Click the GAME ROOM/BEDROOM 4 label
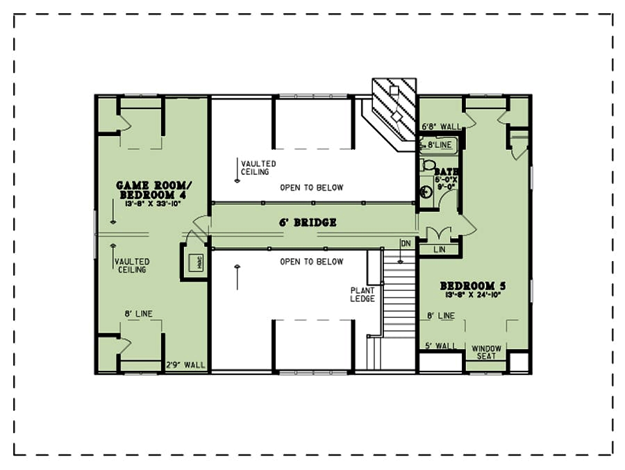point(152,190)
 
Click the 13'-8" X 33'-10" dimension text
point(152,203)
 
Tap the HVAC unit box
point(194,262)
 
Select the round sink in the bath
point(426,191)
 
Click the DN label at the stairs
point(405,242)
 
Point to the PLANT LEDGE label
point(362,294)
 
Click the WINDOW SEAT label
point(486,352)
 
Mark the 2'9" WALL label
point(186,364)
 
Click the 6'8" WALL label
point(442,127)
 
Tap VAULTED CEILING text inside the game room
point(131,266)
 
